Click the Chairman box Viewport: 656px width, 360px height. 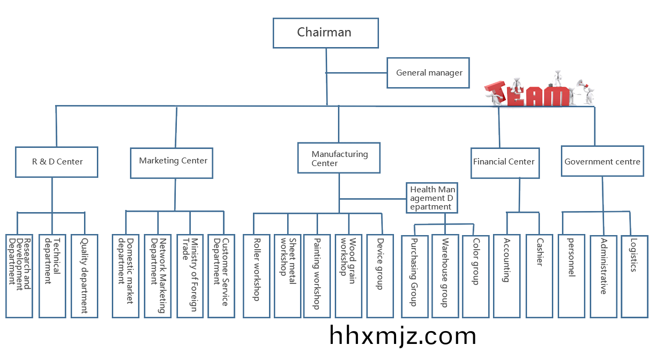[x=325, y=33]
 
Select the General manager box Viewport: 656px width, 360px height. [x=428, y=73]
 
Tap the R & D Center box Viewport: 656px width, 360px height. [x=56, y=161]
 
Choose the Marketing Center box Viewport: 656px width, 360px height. [x=173, y=161]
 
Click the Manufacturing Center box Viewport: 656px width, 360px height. [x=339, y=158]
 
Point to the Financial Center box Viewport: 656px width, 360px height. [x=503, y=162]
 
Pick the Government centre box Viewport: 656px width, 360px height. [x=602, y=161]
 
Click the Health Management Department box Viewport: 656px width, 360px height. [x=432, y=198]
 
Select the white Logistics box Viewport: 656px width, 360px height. [x=634, y=276]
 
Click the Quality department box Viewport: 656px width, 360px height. [x=84, y=276]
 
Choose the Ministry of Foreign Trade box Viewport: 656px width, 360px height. [x=190, y=276]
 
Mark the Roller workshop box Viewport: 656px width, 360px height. [x=256, y=276]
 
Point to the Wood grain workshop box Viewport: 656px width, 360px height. [x=348, y=276]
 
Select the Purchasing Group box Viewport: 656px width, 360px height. [x=414, y=276]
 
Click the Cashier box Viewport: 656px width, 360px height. [x=539, y=276]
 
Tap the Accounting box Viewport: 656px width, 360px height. [x=506, y=276]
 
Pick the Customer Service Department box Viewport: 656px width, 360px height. [x=221, y=276]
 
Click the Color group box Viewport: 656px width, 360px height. [x=474, y=276]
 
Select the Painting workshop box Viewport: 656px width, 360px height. [x=317, y=276]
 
